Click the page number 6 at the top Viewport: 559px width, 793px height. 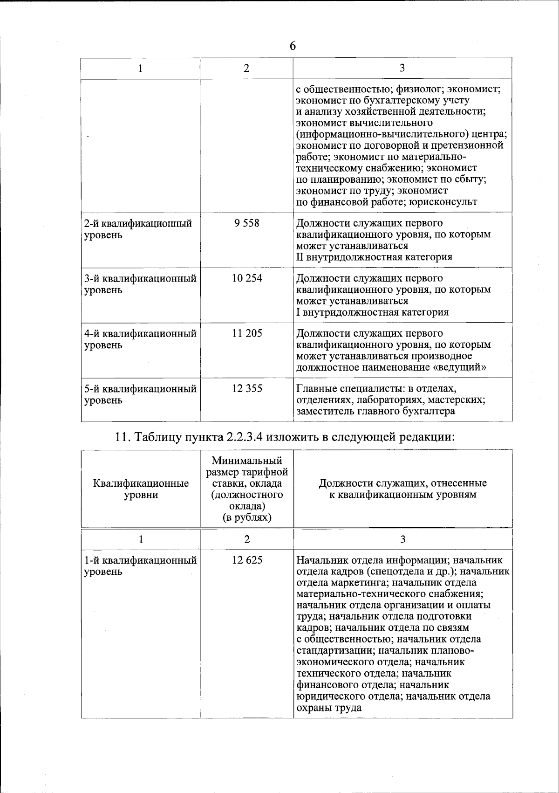click(x=293, y=46)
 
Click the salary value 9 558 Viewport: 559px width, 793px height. click(x=247, y=223)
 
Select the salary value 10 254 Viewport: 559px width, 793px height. click(x=247, y=278)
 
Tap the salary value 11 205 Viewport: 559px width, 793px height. click(x=247, y=333)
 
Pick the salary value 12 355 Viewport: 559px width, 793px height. click(x=247, y=388)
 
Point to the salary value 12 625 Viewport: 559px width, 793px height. click(x=247, y=560)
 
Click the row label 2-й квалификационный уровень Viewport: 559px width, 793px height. click(x=138, y=229)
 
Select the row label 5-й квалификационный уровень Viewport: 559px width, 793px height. click(x=140, y=394)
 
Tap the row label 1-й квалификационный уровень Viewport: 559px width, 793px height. click(x=140, y=565)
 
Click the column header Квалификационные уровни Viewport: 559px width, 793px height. click(x=141, y=489)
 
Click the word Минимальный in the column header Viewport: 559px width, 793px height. click(x=247, y=461)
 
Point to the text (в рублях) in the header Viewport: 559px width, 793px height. click(x=247, y=517)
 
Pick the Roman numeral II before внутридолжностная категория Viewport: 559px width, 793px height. click(x=300, y=257)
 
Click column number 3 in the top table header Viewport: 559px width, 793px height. click(x=402, y=68)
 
